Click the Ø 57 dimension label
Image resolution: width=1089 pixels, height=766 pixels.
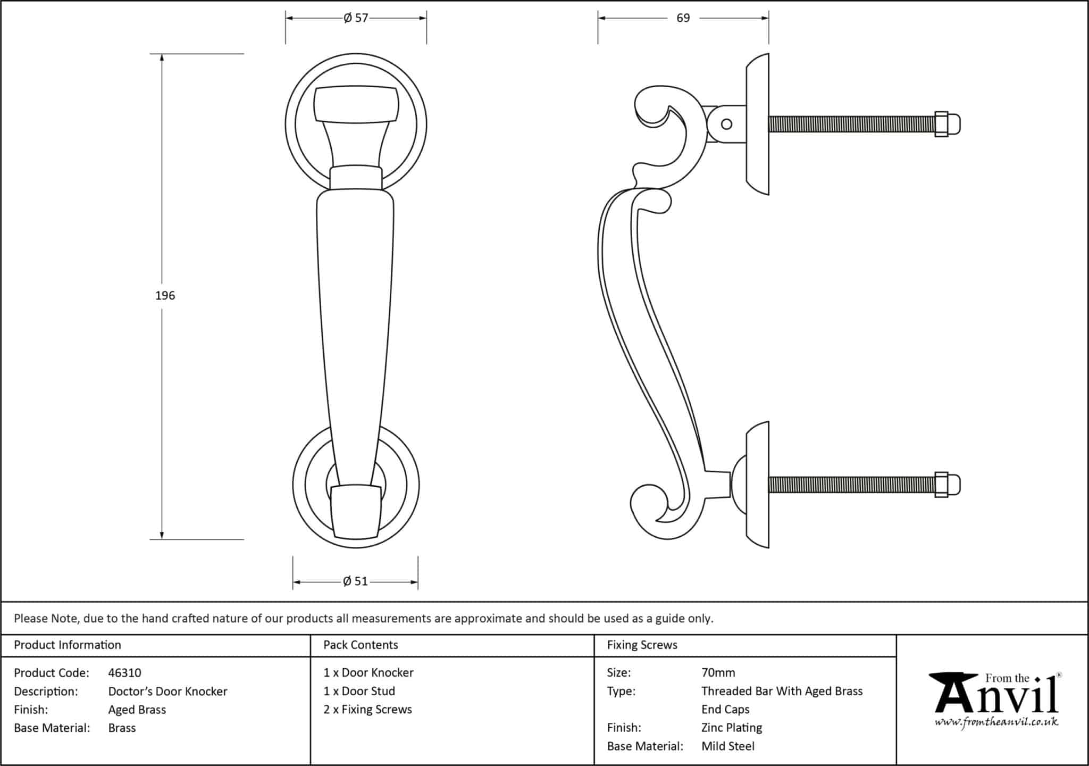(356, 18)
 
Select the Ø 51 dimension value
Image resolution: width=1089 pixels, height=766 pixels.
(356, 581)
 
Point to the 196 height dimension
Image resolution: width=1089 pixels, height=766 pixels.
(165, 296)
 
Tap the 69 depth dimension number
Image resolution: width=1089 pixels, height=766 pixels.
(683, 18)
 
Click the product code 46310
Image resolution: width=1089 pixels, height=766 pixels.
(124, 673)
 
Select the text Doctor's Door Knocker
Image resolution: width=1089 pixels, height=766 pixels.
(167, 692)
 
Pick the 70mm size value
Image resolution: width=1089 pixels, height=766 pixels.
(718, 673)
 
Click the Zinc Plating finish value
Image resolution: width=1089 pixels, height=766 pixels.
(731, 728)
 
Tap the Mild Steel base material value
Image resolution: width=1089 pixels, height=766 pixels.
(727, 746)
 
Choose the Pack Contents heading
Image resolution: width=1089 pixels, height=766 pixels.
(361, 645)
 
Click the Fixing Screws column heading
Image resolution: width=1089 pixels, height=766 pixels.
(642, 645)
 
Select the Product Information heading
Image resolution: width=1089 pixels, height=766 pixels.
(67, 645)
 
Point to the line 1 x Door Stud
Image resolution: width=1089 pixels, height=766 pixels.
(359, 692)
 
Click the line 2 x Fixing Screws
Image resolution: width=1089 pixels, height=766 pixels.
(367, 710)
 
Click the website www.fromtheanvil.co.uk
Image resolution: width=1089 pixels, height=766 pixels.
(996, 722)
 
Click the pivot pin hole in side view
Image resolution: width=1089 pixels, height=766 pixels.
(726, 124)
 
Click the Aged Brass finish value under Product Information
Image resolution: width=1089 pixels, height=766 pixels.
(137, 710)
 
